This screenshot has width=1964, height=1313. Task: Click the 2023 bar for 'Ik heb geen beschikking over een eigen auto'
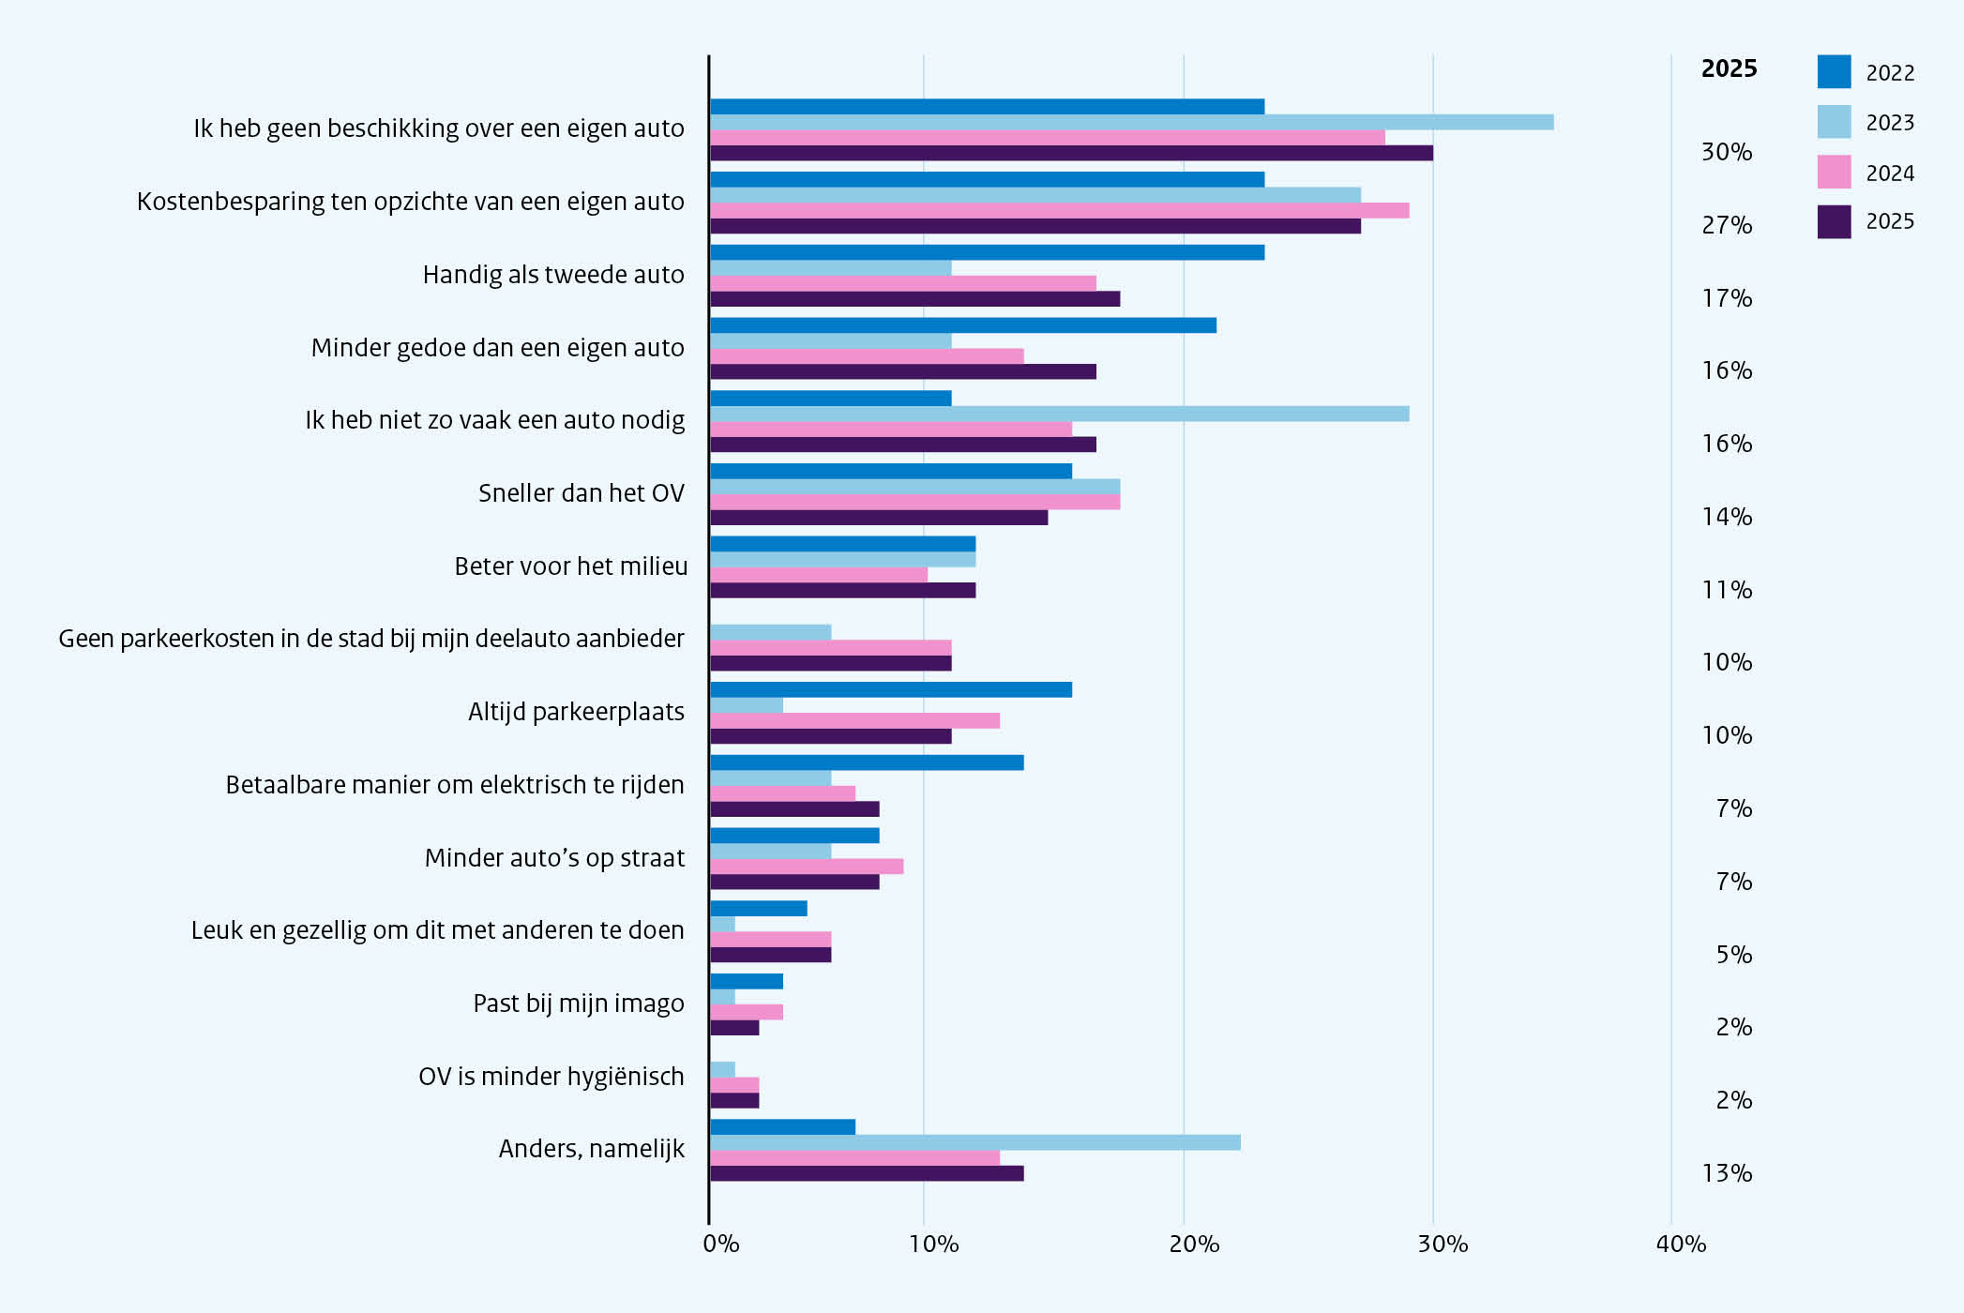pos(1131,122)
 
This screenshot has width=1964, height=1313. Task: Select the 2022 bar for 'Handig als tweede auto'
pos(987,252)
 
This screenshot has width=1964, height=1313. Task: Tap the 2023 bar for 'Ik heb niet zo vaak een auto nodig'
pos(1059,414)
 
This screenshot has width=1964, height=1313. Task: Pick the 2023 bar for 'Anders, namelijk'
pos(974,1142)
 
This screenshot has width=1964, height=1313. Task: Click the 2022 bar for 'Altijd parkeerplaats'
pos(890,690)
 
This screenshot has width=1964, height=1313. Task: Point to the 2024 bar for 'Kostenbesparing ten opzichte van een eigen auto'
pos(1059,210)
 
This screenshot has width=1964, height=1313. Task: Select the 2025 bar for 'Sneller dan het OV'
pos(878,518)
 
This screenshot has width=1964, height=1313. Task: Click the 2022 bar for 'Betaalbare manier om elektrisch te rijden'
pos(867,762)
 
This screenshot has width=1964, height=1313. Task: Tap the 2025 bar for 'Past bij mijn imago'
pos(733,1028)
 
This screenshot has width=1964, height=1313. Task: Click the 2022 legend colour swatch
pos(1834,72)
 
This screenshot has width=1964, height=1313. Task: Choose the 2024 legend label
pos(1890,174)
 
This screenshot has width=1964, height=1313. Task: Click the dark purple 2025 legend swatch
pos(1834,222)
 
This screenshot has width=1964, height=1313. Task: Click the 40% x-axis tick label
pos(1681,1245)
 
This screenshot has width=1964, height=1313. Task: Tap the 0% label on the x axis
pos(721,1245)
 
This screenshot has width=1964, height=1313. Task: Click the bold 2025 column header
pos(1729,68)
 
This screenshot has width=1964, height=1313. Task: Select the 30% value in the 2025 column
pos(1727,152)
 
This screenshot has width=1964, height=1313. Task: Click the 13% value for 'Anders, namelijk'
pos(1727,1173)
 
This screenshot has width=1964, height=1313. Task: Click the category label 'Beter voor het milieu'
pos(570,566)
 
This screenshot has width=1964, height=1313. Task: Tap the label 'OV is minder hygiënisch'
pos(551,1077)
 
